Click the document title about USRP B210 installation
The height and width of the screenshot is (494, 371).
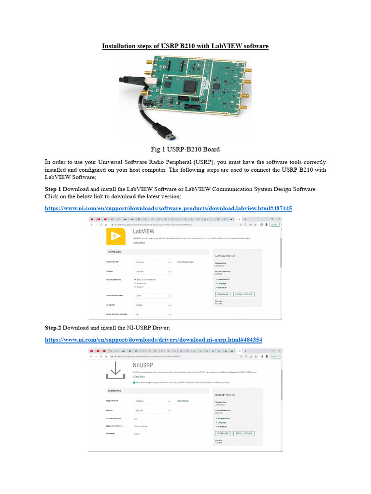[185, 46]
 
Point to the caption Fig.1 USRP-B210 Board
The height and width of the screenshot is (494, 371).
[185, 149]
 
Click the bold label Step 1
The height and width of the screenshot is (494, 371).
[53, 189]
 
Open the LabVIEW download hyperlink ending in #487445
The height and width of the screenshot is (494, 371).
[169, 208]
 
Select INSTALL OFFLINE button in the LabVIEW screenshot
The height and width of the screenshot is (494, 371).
[243, 294]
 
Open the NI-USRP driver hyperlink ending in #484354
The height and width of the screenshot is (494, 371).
[154, 340]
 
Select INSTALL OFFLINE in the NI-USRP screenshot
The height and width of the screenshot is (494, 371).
[244, 433]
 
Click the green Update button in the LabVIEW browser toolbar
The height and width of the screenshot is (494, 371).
[275, 224]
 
